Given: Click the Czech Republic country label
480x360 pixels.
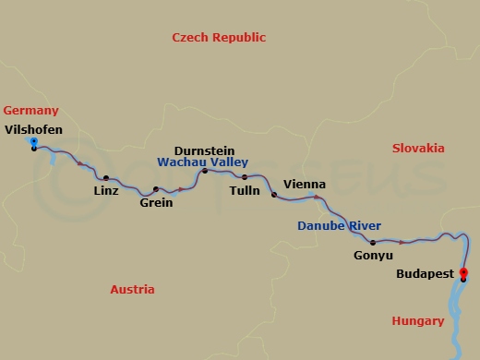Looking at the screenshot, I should pyautogui.click(x=219, y=38).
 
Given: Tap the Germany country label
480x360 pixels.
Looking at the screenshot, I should pyautogui.click(x=30, y=110).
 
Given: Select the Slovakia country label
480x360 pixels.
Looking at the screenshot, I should pyautogui.click(x=418, y=149).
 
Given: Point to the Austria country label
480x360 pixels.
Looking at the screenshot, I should pyautogui.click(x=132, y=290).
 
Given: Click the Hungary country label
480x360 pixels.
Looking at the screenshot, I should pyautogui.click(x=417, y=321).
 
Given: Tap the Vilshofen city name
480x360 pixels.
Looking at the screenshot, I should pyautogui.click(x=33, y=130).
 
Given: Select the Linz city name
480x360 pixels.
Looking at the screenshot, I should pyautogui.click(x=106, y=192).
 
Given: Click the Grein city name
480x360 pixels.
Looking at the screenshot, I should pyautogui.click(x=156, y=203).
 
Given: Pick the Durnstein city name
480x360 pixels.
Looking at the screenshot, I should pyautogui.click(x=204, y=150).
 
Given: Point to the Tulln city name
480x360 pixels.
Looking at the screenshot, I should pyautogui.click(x=245, y=191).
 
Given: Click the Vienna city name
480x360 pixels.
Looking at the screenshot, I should pyautogui.click(x=305, y=184).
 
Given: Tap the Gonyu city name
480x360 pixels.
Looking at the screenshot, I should pyautogui.click(x=374, y=256).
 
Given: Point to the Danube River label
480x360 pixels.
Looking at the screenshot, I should pyautogui.click(x=340, y=226).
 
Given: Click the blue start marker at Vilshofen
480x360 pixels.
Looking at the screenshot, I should pyautogui.click(x=33, y=142).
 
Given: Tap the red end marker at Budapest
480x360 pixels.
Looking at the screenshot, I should pyautogui.click(x=463, y=272).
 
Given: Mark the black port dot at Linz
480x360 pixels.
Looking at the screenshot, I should pyautogui.click(x=106, y=178).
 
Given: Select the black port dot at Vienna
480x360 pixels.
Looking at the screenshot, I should pyautogui.click(x=273, y=195).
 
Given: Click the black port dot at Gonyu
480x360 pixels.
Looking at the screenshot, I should pyautogui.click(x=373, y=243).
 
